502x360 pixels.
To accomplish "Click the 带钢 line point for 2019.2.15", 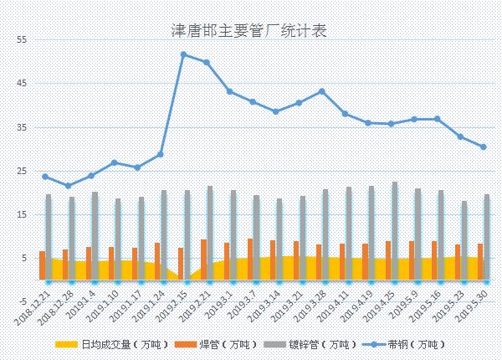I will pyautogui.click(x=183, y=54).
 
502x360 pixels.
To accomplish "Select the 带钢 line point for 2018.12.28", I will pyautogui.click(x=68, y=186).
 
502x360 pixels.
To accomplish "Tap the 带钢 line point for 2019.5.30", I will pyautogui.click(x=484, y=147).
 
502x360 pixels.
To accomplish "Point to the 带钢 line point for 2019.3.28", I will pyautogui.click(x=322, y=91).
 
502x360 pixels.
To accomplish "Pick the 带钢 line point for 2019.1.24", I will pyautogui.click(x=160, y=155).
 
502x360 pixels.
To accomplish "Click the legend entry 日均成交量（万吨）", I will pyautogui.click(x=114, y=345).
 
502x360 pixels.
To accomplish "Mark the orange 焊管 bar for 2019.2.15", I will pyautogui.click(x=180, y=263).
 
